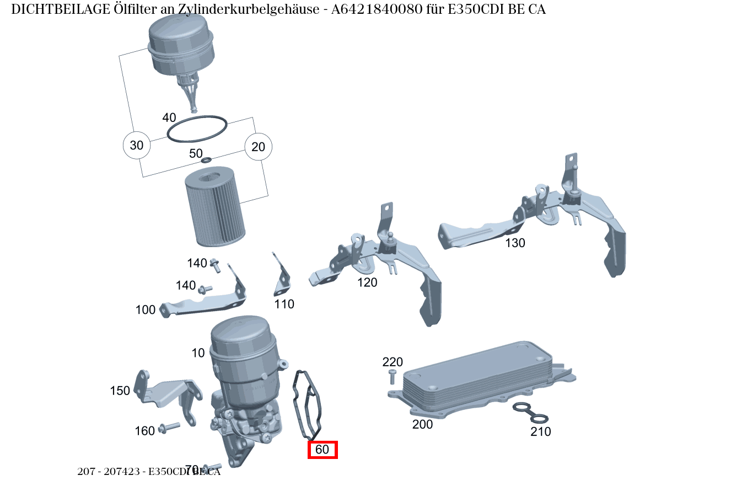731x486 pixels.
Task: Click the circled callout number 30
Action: pyautogui.click(x=136, y=146)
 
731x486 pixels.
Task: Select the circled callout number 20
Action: pyautogui.click(x=258, y=147)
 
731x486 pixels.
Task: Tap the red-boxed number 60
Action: pyautogui.click(x=322, y=450)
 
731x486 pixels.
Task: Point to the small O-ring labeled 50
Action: pyautogui.click(x=206, y=161)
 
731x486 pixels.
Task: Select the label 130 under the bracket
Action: pyautogui.click(x=515, y=243)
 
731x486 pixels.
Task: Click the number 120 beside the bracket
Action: pyautogui.click(x=367, y=283)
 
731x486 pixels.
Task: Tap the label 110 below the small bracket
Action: pyautogui.click(x=284, y=305)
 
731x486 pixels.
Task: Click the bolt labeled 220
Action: pyautogui.click(x=392, y=377)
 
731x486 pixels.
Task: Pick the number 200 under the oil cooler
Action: pyautogui.click(x=422, y=425)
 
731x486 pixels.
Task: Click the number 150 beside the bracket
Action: pyautogui.click(x=120, y=391)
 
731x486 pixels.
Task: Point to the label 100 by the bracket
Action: pyautogui.click(x=146, y=311)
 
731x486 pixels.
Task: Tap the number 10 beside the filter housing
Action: pyautogui.click(x=198, y=353)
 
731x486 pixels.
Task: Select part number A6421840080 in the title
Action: pyautogui.click(x=378, y=9)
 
